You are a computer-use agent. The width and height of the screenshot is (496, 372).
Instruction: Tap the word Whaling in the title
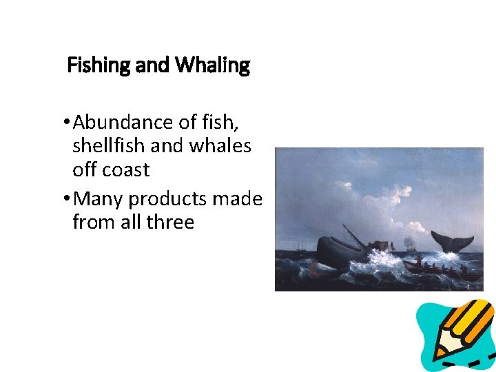(x=212, y=66)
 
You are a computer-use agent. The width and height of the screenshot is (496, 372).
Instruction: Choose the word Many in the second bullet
(x=98, y=199)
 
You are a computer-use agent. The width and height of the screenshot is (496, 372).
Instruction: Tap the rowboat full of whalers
(x=441, y=269)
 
